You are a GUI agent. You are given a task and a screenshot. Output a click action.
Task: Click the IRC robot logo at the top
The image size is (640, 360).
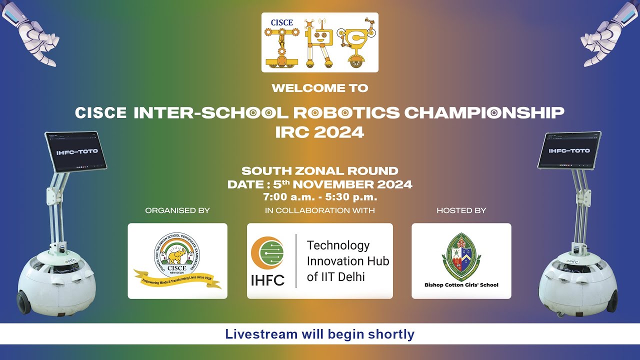[x=320, y=42]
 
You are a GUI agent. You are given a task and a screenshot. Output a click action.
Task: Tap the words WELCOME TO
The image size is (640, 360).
[x=320, y=88]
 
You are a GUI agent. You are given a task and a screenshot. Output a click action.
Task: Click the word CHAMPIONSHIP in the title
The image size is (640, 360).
[x=484, y=112]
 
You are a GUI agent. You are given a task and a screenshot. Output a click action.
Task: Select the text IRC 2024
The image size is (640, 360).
[x=320, y=132]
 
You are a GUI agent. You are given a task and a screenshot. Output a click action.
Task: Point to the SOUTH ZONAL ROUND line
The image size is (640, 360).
[x=320, y=171]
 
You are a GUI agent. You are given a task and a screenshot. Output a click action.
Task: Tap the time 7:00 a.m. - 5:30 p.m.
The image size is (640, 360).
[x=320, y=197]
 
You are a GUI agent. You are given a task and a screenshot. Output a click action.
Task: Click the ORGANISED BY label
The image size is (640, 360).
[x=177, y=210]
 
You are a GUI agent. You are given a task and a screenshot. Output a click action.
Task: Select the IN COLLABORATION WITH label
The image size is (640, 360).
[x=320, y=210]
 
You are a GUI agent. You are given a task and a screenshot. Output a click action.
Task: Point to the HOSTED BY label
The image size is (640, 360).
[x=461, y=210]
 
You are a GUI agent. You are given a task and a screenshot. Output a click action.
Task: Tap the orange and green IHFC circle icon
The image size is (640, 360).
[x=267, y=253]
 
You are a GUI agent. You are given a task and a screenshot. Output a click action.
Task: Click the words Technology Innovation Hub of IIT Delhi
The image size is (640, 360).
[x=347, y=261]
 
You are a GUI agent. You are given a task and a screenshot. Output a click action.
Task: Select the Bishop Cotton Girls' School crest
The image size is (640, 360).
[x=461, y=256]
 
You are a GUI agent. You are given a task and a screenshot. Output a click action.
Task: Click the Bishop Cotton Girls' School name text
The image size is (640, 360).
[x=461, y=285]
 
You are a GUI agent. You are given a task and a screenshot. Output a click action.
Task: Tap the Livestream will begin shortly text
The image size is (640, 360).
[x=320, y=334]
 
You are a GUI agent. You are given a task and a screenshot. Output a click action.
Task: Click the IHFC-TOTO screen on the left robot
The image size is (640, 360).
[x=76, y=151]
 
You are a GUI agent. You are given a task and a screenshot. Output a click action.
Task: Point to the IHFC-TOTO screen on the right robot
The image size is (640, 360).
[x=569, y=150]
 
